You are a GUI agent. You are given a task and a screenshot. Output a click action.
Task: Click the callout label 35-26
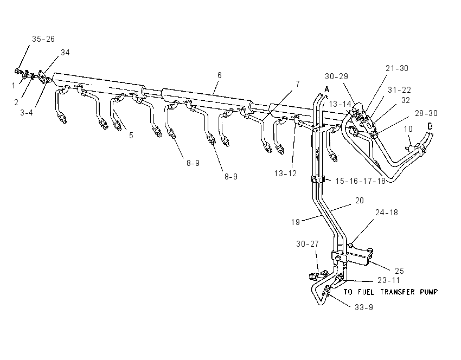(x=43, y=39)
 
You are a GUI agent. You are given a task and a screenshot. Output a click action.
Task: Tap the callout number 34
(x=65, y=52)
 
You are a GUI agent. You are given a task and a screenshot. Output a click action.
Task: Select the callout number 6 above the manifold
(x=219, y=75)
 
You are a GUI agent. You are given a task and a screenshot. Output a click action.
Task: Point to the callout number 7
(x=298, y=84)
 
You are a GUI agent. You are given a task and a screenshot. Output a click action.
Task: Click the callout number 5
(x=131, y=136)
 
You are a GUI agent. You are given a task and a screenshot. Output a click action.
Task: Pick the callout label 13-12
(x=285, y=173)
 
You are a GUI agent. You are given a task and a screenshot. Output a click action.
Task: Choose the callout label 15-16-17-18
(x=361, y=181)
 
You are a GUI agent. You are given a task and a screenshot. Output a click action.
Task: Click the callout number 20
(x=360, y=201)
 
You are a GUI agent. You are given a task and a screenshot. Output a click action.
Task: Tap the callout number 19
(x=296, y=222)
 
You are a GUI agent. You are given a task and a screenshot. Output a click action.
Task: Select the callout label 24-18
(x=387, y=213)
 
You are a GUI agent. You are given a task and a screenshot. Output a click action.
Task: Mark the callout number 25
(x=399, y=271)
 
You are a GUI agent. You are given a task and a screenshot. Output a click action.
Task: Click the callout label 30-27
(x=308, y=244)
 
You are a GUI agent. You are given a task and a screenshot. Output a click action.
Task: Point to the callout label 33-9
(x=364, y=307)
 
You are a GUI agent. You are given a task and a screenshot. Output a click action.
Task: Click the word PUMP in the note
(x=428, y=292)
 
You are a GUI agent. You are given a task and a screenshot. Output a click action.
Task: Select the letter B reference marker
(x=430, y=126)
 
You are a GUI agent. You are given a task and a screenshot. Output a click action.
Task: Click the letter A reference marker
(x=326, y=89)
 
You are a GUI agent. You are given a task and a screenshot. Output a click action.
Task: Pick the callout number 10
(x=408, y=129)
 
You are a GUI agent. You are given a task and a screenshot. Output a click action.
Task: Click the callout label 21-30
(x=397, y=68)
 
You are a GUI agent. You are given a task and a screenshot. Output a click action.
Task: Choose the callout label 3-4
(x=27, y=113)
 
